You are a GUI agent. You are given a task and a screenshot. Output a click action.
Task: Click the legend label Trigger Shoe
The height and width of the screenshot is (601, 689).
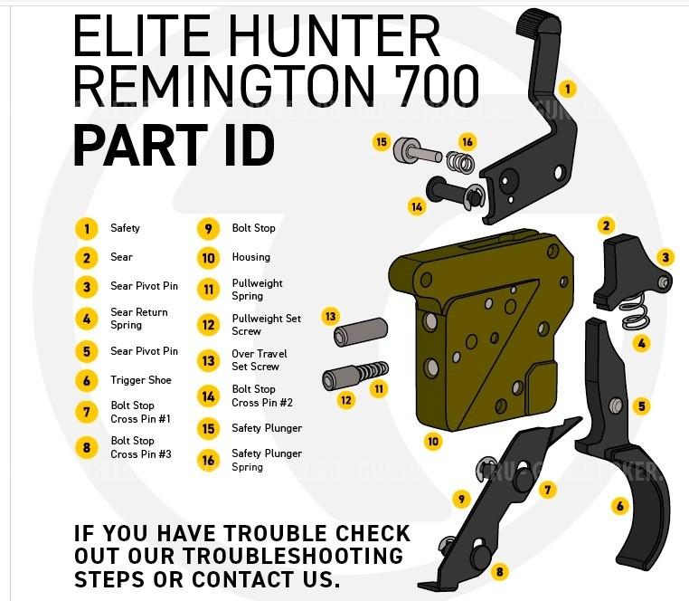pyautogui.click(x=140, y=380)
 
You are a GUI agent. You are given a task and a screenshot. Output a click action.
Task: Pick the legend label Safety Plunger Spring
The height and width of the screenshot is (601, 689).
pyautogui.click(x=266, y=460)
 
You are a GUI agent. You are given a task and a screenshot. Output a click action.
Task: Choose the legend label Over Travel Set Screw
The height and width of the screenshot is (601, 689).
pyautogui.click(x=259, y=360)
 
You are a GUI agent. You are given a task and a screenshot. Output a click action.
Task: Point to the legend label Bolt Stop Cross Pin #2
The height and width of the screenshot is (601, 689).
pyautogui.click(x=261, y=396)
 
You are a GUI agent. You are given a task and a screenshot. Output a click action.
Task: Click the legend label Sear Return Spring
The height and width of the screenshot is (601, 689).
pyautogui.click(x=138, y=319)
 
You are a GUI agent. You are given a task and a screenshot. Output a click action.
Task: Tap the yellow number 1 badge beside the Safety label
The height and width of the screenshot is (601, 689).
pyautogui.click(x=86, y=229)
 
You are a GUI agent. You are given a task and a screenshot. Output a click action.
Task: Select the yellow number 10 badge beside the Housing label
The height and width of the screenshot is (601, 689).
pyautogui.click(x=208, y=258)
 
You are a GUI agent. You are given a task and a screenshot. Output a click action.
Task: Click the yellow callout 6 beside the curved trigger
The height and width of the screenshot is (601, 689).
pyautogui.click(x=620, y=506)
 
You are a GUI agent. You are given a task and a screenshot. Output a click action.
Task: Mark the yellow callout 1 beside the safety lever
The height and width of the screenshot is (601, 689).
pyautogui.click(x=567, y=89)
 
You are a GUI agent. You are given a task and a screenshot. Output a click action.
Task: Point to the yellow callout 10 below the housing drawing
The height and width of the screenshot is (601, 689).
pyautogui.click(x=433, y=442)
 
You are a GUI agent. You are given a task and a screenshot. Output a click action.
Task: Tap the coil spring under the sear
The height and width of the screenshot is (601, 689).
pyautogui.click(x=638, y=312)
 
